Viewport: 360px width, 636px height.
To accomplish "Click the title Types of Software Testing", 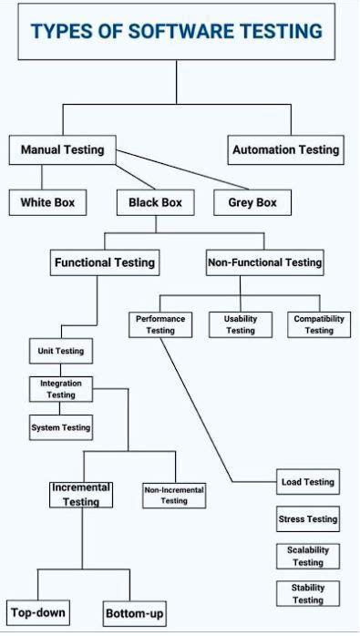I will [x=176, y=32].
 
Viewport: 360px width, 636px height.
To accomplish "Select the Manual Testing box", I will [x=62, y=149].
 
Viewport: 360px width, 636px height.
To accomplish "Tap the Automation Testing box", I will [x=285, y=149].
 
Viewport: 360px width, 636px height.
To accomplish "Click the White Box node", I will [x=47, y=202].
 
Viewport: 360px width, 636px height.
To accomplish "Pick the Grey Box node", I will [x=246, y=202].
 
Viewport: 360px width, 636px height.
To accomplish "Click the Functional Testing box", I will [x=105, y=262].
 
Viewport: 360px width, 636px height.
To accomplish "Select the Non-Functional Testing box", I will [x=265, y=262].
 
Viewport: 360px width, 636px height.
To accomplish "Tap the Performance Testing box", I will [x=160, y=324].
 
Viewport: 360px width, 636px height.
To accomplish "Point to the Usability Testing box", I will [x=241, y=324].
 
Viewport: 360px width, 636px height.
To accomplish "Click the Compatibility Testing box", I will [x=319, y=324].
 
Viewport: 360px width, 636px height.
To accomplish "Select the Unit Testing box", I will [x=60, y=351].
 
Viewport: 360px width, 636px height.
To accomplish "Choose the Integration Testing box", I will [x=61, y=389].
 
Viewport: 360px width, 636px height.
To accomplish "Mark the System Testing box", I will [x=61, y=427].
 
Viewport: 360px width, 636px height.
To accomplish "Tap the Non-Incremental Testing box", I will [x=174, y=495].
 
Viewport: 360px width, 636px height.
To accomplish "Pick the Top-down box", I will [x=37, y=612].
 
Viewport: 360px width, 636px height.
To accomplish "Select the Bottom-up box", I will [x=135, y=613].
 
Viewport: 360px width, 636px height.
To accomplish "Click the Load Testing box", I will [x=307, y=482].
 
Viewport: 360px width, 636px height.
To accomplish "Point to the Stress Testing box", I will [x=307, y=519].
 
